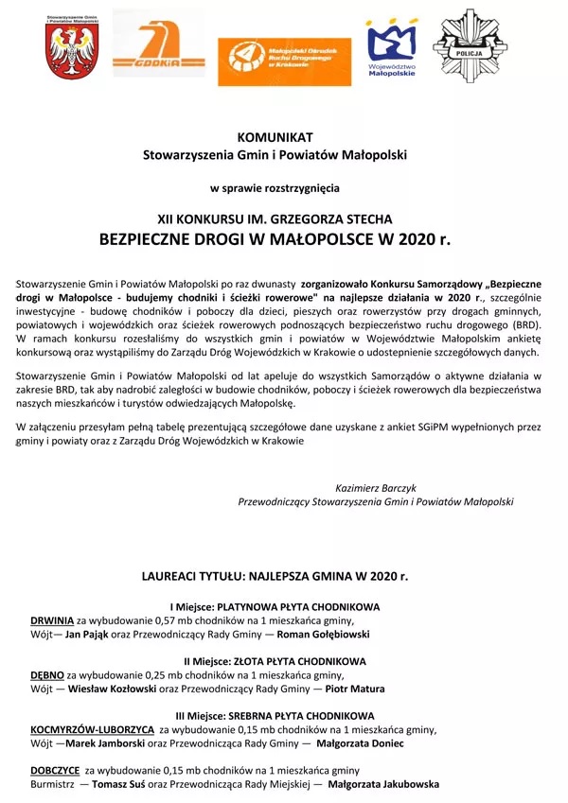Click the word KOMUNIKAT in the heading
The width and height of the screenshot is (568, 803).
click(x=275, y=138)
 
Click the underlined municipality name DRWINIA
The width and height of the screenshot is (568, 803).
click(x=52, y=620)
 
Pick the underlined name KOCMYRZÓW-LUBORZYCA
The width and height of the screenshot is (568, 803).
click(x=92, y=730)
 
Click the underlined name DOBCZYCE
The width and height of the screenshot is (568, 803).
click(x=55, y=770)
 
